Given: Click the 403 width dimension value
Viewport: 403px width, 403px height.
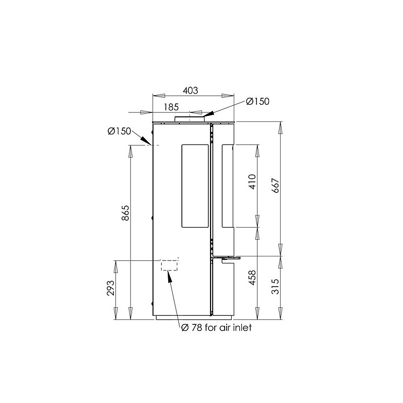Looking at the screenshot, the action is click(190, 91).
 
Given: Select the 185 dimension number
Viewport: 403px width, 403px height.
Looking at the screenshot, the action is click(171, 107).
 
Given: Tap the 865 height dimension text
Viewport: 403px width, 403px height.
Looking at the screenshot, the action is click(125, 213).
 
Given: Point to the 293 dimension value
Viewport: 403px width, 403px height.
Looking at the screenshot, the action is click(110, 288).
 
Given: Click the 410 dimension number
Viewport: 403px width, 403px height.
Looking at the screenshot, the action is click(253, 182).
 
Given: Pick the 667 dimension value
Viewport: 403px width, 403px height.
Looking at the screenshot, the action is click(275, 185).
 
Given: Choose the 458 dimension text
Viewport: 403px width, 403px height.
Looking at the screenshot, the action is click(253, 278).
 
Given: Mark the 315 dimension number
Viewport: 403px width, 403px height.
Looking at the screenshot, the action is click(275, 286).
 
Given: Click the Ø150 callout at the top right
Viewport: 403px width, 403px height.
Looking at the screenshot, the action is click(257, 101).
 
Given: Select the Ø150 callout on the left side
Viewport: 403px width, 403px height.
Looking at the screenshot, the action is click(119, 131).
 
